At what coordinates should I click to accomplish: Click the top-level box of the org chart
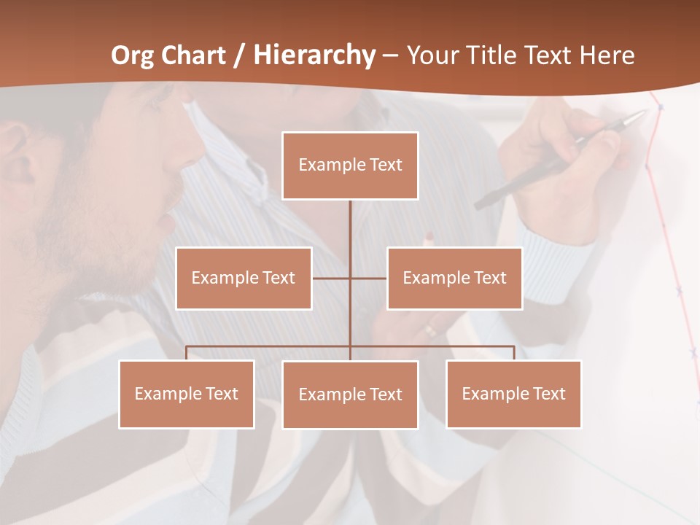tap(350, 166)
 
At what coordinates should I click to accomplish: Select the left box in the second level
tap(244, 278)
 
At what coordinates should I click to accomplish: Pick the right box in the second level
tap(454, 278)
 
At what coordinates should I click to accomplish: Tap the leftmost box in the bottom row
tap(187, 394)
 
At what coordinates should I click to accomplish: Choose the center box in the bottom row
tap(350, 394)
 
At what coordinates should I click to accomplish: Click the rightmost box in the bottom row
tap(513, 394)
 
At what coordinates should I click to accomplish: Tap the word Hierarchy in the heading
tap(314, 55)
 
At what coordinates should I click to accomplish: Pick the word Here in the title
tap(607, 55)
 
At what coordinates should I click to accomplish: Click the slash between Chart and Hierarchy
tap(240, 56)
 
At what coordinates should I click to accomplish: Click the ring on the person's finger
tap(431, 330)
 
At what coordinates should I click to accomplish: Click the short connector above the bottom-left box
tap(187, 353)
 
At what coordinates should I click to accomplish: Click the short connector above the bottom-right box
tap(514, 353)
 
